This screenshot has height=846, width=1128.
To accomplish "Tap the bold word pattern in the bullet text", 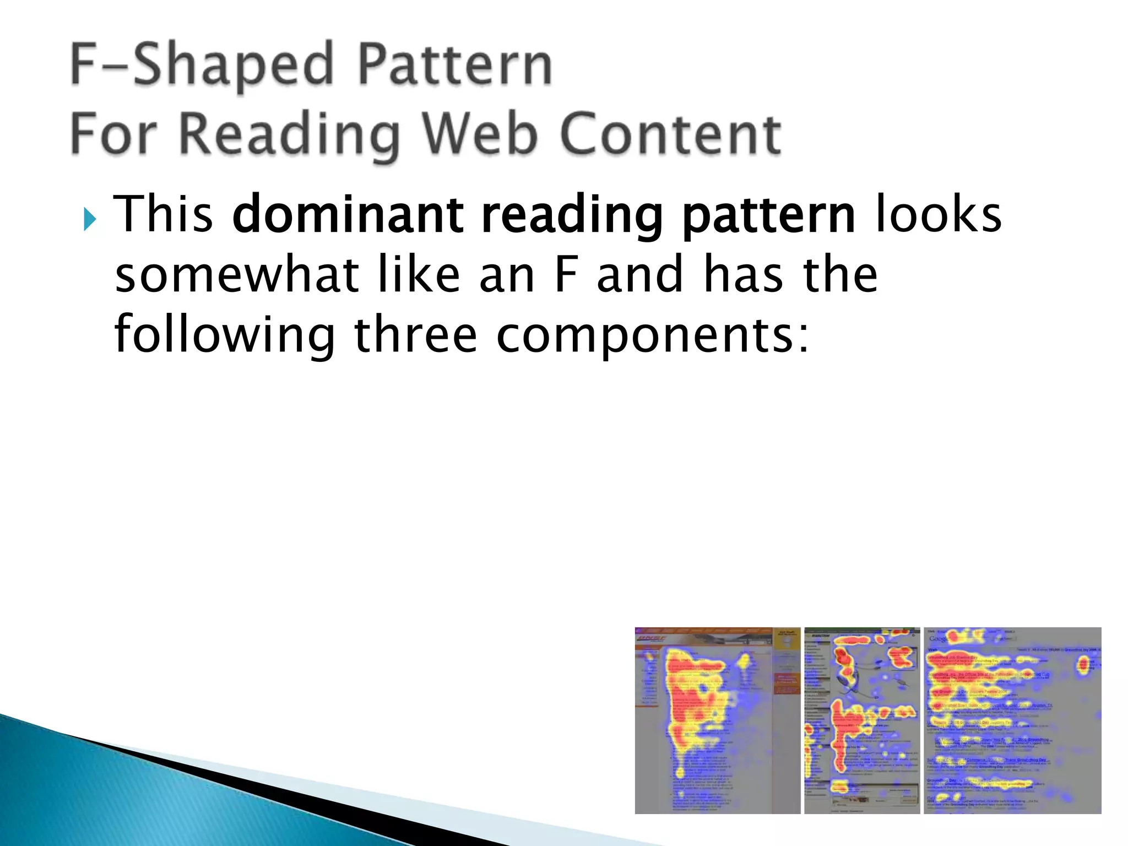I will (768, 216).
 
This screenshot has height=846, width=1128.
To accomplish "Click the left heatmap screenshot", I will (717, 720).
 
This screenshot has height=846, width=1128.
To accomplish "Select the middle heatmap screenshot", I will (862, 720).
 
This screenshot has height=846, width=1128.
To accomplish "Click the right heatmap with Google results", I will (1012, 720).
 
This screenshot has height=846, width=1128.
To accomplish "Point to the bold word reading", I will (571, 216).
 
